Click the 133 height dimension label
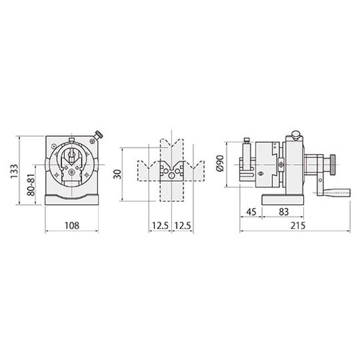click(x=14, y=171)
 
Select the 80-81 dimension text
click(x=31, y=185)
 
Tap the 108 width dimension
click(x=72, y=225)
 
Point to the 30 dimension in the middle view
click(x=117, y=174)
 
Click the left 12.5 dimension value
click(x=160, y=225)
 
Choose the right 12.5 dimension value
click(x=182, y=225)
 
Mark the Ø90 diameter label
click(x=220, y=163)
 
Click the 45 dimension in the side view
click(x=251, y=212)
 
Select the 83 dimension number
click(x=284, y=212)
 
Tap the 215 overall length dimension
click(x=297, y=225)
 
